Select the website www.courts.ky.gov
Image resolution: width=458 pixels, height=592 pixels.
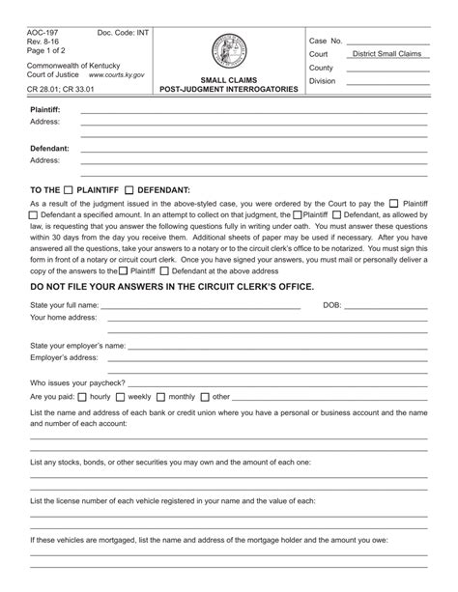pos(117,73)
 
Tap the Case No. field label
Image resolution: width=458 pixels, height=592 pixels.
pos(326,42)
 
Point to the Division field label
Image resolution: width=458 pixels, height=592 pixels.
pos(322,82)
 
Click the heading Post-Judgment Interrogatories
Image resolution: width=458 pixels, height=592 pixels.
pos(228,89)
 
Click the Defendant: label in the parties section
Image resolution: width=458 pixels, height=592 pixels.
pos(48,148)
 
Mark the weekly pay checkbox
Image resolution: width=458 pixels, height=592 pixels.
pos(120,396)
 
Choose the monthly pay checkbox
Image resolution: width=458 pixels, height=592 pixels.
pos(160,396)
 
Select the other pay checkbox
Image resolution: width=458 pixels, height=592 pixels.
pos(205,396)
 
